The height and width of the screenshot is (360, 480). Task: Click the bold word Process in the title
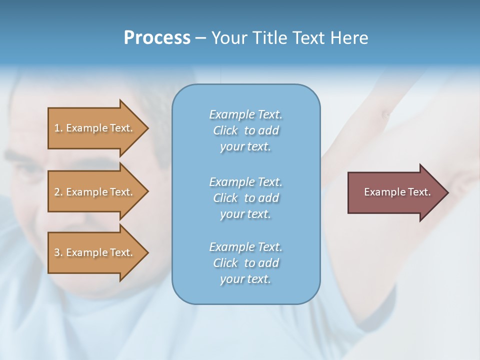157,38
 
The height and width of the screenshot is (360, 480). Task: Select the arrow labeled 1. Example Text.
98,128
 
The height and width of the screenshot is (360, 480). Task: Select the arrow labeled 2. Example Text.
98,192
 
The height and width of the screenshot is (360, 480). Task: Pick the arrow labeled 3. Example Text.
98,252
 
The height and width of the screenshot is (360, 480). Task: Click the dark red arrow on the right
397,192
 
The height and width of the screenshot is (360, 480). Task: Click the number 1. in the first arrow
58,128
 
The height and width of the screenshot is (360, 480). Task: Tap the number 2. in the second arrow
58,192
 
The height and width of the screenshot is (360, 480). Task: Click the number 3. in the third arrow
58,252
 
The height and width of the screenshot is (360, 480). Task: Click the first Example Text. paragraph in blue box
245,130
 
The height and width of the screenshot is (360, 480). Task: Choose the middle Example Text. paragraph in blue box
245,198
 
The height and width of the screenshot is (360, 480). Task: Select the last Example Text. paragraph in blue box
245,263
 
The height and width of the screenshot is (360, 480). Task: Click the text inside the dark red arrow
397,192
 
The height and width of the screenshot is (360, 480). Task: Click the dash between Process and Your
200,38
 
